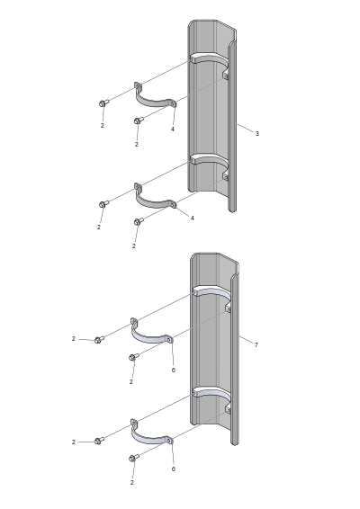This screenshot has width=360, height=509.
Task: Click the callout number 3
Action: pos(257,133)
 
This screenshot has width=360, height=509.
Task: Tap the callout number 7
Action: pos(256,345)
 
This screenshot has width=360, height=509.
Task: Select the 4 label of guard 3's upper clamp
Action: pos(172,129)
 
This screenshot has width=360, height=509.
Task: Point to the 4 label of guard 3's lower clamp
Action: pos(192,219)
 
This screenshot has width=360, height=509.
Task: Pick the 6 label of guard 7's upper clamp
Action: pos(173,371)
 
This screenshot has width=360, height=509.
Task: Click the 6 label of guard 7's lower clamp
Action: pos(173,469)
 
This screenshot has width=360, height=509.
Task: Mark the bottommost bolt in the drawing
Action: pos(133,458)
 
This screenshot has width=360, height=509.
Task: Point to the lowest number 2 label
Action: pos(132,483)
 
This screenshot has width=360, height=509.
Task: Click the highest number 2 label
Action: pos(103,125)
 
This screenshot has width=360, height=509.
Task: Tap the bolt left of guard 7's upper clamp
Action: pos(99,340)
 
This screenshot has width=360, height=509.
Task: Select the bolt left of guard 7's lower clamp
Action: pos(99,441)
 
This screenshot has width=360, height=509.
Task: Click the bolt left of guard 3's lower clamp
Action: pos(103,204)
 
